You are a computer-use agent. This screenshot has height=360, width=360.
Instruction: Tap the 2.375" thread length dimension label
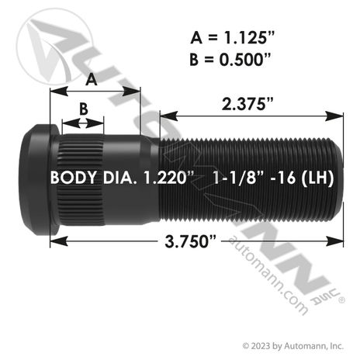tap(247, 104)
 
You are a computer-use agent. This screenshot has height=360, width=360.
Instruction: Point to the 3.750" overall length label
tap(191, 242)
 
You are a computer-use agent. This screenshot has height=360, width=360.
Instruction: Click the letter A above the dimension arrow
tap(92, 79)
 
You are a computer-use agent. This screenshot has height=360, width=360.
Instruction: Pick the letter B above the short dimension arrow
tap(84, 109)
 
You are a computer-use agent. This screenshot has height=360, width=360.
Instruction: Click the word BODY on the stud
tap(73, 178)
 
